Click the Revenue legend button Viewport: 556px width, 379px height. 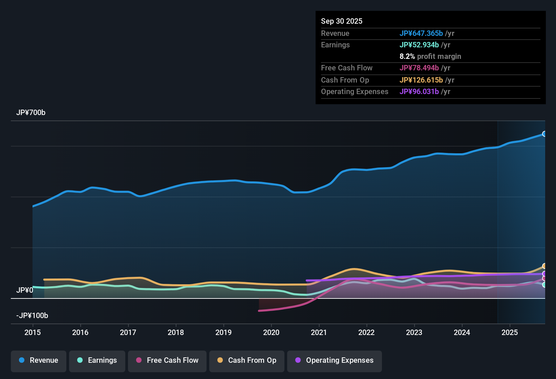coord(39,360)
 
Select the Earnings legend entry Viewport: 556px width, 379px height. coord(97,360)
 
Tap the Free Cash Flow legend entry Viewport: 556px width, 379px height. coord(167,360)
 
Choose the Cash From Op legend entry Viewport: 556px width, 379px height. coord(247,360)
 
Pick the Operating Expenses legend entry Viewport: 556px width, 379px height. coord(335,360)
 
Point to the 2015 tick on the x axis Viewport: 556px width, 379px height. coord(33,333)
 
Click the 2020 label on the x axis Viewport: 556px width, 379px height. coord(271,333)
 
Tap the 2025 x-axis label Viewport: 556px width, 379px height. coord(510,333)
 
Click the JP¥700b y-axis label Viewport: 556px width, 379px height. coord(31,113)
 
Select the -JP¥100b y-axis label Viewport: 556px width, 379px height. coord(32,316)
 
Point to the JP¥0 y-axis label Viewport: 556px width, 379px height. coord(25,290)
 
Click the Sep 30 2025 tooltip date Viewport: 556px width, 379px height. coord(342,21)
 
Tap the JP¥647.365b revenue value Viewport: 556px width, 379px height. coord(421,34)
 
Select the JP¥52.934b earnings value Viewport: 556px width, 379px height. coord(419,45)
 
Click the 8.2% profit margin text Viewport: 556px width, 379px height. coord(430,57)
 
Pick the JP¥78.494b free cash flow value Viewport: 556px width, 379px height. coord(419,68)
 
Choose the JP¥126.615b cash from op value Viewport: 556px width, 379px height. coord(421,80)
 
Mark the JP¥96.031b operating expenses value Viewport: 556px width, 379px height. coord(419,92)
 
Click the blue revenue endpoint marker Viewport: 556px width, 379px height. coord(544,134)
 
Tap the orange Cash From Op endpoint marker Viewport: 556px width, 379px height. coord(544,266)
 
